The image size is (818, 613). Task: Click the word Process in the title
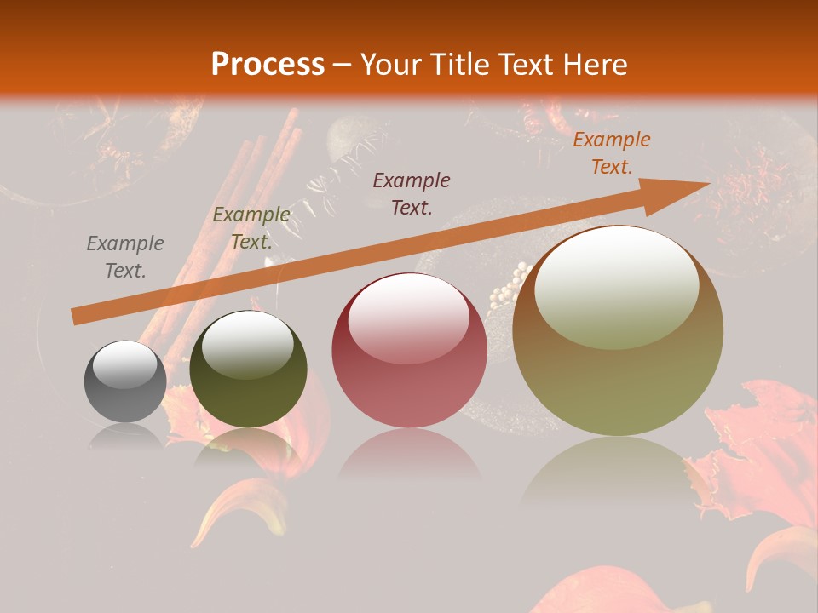[x=268, y=65]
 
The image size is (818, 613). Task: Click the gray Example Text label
[x=125, y=257]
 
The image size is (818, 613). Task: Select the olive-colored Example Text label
[x=251, y=228]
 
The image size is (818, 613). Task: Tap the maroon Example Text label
[x=412, y=193]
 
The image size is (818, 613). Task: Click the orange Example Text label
[x=611, y=153]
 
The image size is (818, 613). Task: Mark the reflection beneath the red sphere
[x=409, y=460]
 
